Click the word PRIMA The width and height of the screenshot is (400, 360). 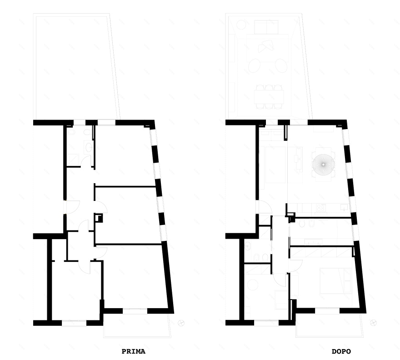[134, 351]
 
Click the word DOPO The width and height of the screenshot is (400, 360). [341, 351]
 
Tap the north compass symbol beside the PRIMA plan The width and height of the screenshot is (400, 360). [181, 323]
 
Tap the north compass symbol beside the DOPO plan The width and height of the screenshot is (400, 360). [374, 323]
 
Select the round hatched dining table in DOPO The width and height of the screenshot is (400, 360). [323, 165]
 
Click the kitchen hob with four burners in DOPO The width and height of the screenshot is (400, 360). [320, 208]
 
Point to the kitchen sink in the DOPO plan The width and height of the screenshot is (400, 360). [344, 207]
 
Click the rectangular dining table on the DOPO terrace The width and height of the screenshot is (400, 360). [269, 96]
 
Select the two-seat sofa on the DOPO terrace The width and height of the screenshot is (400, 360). [266, 27]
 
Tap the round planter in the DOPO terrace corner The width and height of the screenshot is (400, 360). [241, 25]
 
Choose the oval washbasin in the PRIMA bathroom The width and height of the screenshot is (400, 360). [89, 147]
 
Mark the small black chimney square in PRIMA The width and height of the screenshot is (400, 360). [99, 218]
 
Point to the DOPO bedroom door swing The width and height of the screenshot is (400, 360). [295, 265]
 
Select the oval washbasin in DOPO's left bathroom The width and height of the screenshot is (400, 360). [247, 246]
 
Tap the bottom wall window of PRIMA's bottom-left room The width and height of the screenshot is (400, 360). [74, 323]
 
